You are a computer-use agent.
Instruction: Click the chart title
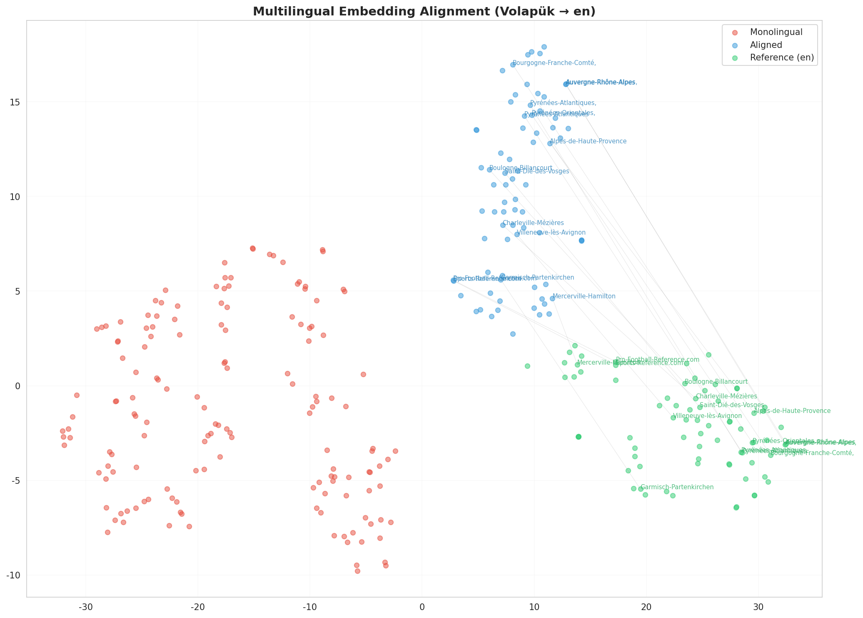click(424, 11)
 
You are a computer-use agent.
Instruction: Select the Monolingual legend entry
click(776, 32)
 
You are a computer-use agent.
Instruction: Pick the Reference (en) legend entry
click(782, 58)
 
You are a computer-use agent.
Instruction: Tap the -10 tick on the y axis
click(15, 575)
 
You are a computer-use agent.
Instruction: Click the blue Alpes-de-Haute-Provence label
click(588, 142)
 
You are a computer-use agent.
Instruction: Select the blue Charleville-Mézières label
click(533, 223)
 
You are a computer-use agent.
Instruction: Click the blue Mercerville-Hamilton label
click(584, 296)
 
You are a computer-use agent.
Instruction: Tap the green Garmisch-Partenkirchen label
click(677, 487)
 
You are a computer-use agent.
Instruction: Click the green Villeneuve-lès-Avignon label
click(707, 416)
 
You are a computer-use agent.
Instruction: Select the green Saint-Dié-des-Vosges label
click(732, 405)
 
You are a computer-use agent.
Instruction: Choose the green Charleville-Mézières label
click(726, 396)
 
